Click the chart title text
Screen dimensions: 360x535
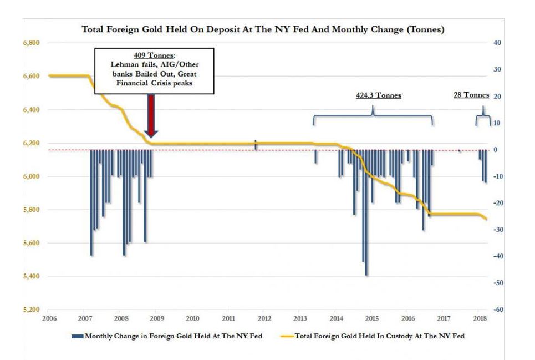(x=262, y=29)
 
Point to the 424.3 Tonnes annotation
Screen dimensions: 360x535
(x=378, y=95)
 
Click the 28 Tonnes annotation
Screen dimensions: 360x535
(x=471, y=95)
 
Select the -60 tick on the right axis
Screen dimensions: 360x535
(x=497, y=310)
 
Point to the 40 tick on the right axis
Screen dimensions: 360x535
(x=497, y=43)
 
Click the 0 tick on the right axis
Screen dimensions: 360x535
(x=497, y=150)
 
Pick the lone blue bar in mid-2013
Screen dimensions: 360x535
(x=315, y=156)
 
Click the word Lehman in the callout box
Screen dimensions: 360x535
(x=123, y=65)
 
